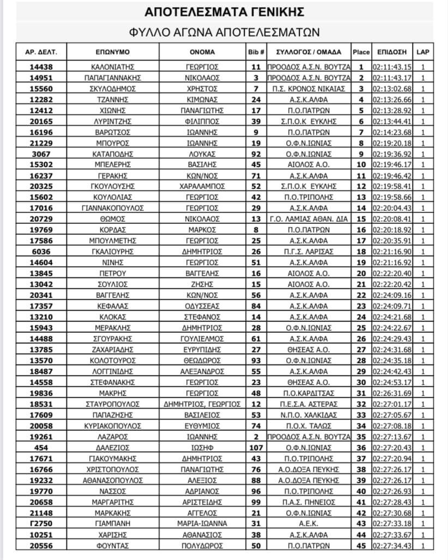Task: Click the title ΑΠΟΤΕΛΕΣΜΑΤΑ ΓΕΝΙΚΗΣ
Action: [x=224, y=11]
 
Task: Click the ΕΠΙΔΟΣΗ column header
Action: [x=391, y=52]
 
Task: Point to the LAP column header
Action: [x=422, y=52]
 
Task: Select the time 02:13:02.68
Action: [x=392, y=88]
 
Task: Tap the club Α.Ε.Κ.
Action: [x=308, y=524]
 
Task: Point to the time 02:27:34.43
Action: [x=392, y=545]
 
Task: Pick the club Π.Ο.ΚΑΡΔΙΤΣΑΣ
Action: [x=308, y=393]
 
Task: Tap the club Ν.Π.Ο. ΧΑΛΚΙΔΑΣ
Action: [x=308, y=415]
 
